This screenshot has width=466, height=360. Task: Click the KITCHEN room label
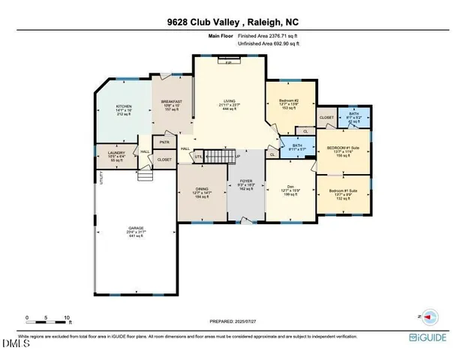coord(124,107)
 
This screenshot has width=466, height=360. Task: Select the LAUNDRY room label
coord(116,153)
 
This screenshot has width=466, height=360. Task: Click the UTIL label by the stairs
coord(199,156)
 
